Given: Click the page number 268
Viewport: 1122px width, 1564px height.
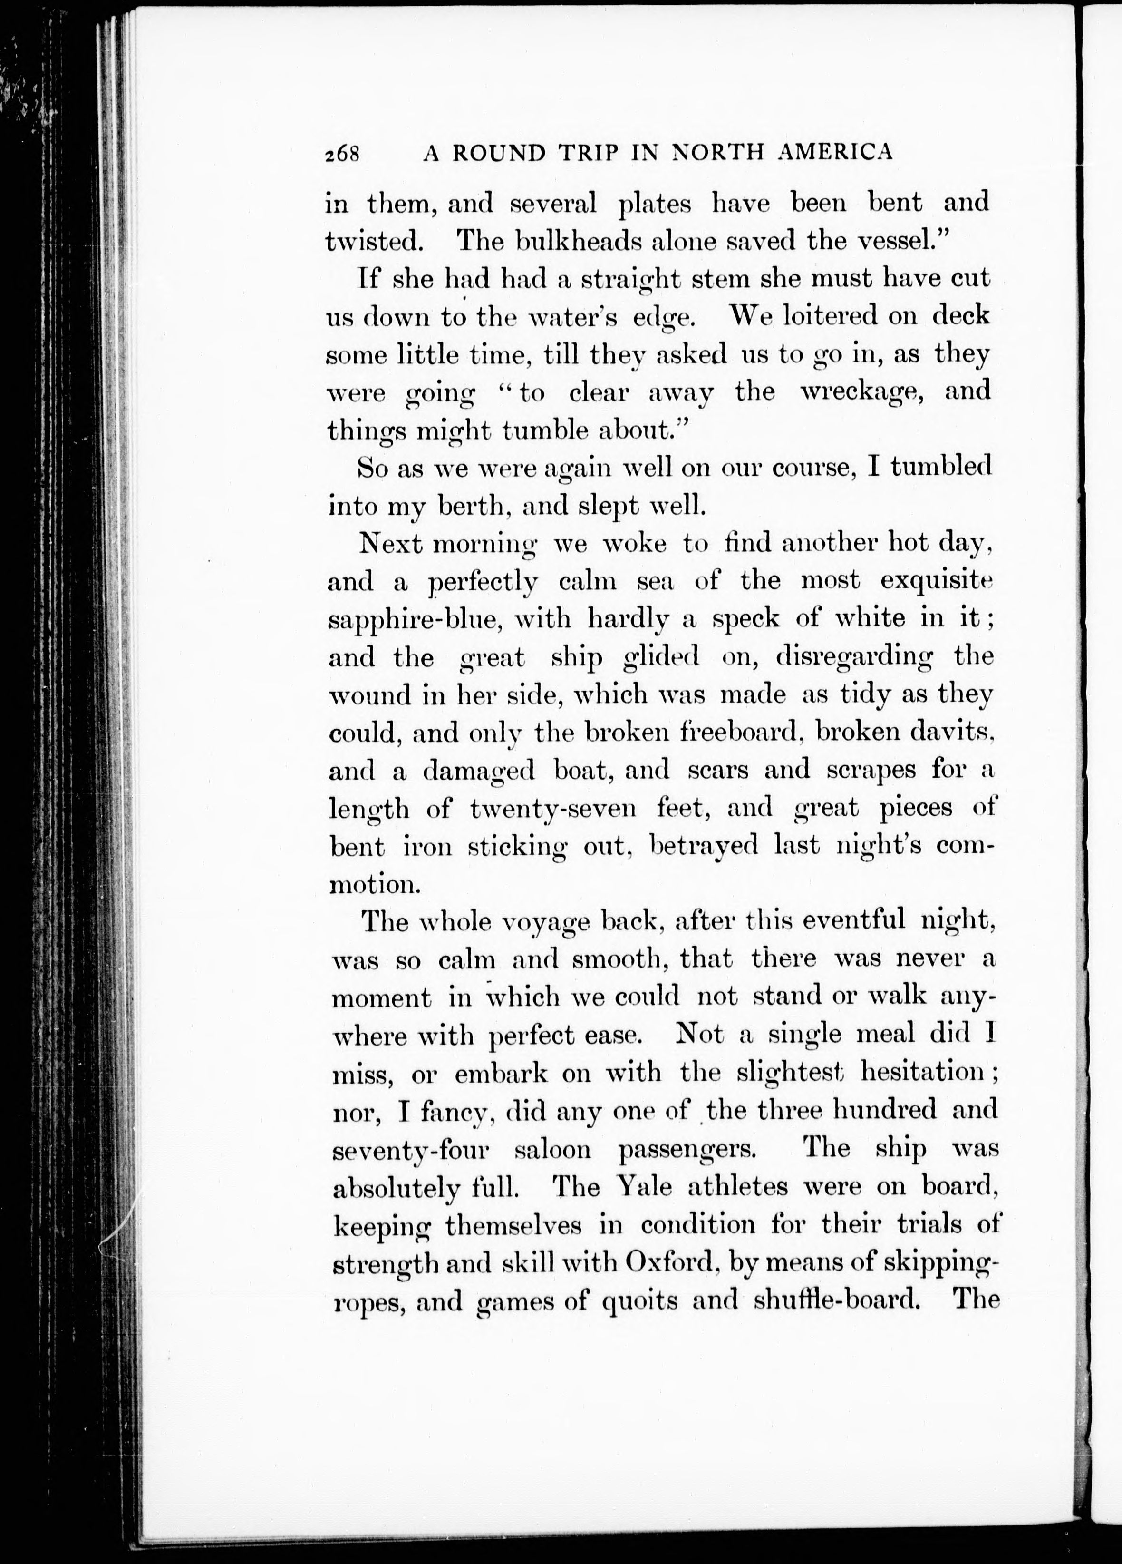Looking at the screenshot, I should click(342, 153).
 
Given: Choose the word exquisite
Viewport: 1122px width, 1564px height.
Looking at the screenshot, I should click(937, 581).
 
